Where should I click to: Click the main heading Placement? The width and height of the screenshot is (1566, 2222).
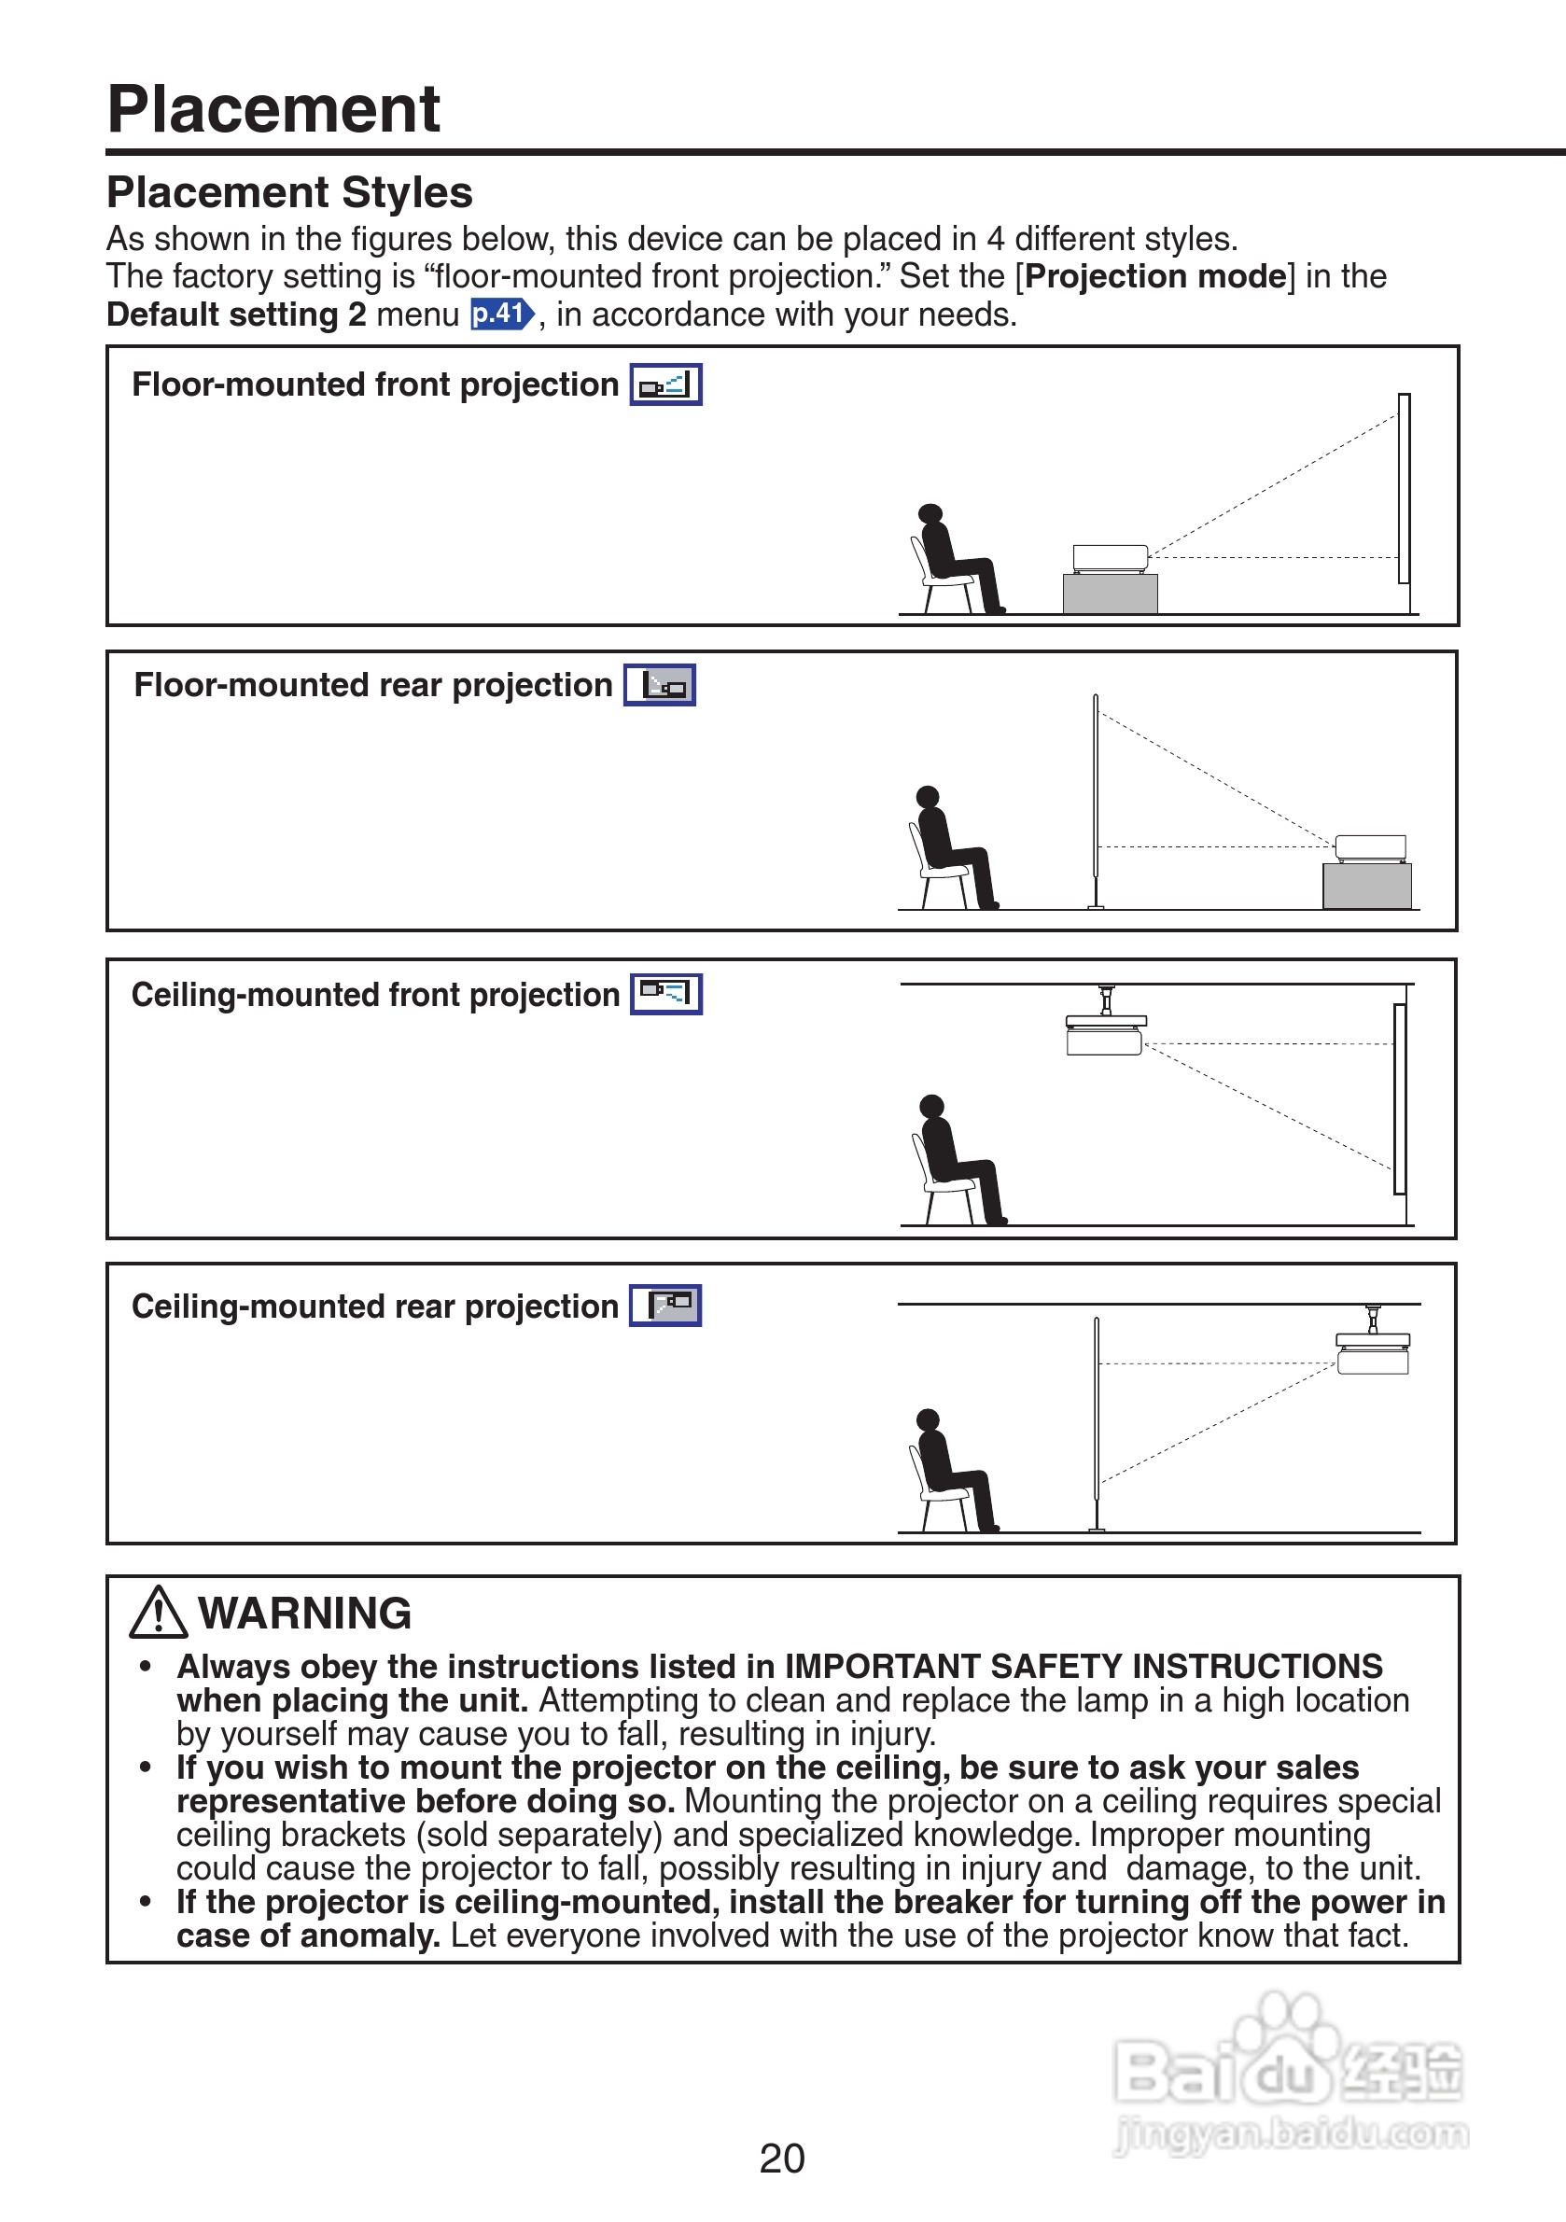273,108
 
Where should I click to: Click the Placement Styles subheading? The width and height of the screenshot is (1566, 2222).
289,192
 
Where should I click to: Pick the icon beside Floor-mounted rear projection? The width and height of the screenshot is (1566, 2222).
659,685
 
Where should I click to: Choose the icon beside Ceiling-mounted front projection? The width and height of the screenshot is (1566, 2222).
666,994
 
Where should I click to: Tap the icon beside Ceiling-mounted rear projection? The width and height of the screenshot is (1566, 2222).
664,1306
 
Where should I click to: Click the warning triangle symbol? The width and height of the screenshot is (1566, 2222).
158,1614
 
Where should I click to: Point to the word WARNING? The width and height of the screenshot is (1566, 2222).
305,1614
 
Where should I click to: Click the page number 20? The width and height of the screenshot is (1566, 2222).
782,2159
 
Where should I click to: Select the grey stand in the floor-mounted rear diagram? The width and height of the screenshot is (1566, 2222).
1366,886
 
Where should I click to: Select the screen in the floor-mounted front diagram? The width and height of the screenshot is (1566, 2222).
1404,489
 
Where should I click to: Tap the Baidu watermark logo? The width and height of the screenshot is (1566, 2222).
1287,2071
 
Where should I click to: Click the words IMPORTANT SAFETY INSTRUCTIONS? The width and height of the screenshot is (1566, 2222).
1083,1667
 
